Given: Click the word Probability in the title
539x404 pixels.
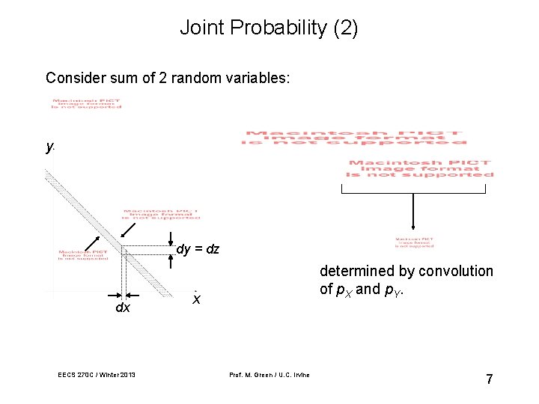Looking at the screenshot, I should click(x=275, y=28).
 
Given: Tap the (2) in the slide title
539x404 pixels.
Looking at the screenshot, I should click(x=344, y=28).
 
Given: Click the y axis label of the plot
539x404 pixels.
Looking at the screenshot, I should click(x=49, y=147).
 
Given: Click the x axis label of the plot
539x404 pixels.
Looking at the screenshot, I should click(x=196, y=299).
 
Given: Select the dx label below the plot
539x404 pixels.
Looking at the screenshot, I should click(x=122, y=307).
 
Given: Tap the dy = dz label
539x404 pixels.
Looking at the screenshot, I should click(x=198, y=249).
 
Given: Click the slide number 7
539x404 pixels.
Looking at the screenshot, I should click(x=489, y=379).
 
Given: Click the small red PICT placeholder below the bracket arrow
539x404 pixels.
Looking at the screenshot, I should click(x=414, y=242).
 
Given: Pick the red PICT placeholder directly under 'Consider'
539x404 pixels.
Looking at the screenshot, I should click(x=86, y=104).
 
